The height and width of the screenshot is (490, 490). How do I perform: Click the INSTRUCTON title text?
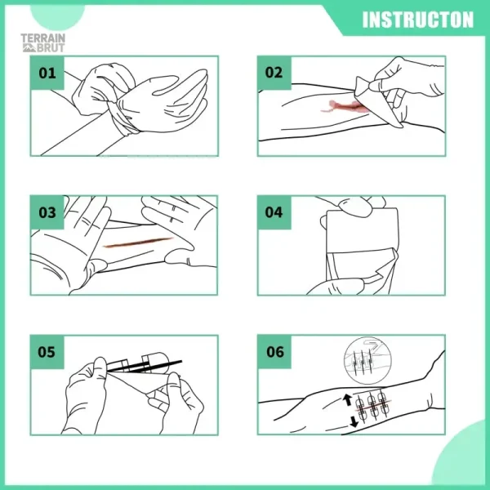click(x=417, y=19)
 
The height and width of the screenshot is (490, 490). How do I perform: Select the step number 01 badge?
click(x=47, y=73)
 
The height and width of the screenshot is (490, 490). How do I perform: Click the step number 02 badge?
click(x=274, y=73)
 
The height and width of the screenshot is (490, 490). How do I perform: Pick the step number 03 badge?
click(x=47, y=213)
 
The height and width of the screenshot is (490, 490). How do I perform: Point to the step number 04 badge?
click(x=274, y=213)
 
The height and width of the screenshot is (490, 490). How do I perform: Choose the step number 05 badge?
click(x=47, y=353)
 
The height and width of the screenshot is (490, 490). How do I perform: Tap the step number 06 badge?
click(x=274, y=353)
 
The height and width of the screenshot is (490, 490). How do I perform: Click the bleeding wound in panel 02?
click(x=343, y=105)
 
